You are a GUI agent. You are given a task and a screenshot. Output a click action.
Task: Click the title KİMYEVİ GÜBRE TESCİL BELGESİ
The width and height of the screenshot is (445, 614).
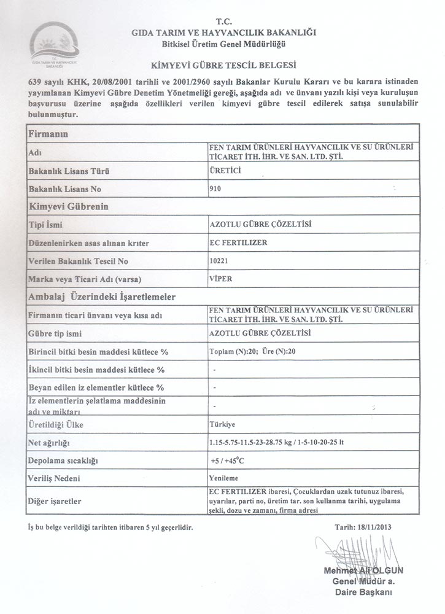tap(223, 64)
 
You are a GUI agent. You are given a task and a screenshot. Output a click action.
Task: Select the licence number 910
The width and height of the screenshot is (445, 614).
tap(215, 189)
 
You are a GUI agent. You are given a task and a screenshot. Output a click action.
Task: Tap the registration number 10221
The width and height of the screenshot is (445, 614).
tap(219, 260)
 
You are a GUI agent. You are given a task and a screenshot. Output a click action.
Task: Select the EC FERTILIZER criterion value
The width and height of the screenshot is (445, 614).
tap(239, 243)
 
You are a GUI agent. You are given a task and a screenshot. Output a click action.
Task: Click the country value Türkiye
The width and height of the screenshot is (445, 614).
tap(222, 424)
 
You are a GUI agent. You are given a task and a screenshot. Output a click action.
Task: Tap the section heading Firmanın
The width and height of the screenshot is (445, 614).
tap(48, 133)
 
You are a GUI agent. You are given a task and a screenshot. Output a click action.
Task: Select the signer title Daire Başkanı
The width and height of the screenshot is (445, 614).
tap(364, 592)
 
